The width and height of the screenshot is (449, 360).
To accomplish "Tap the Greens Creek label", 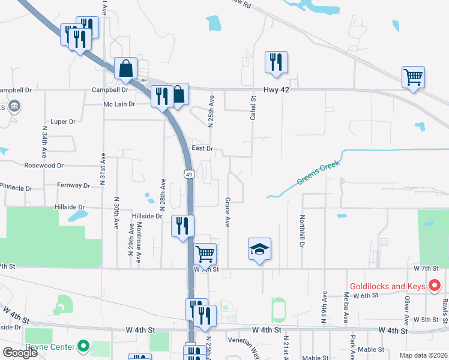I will pos(318,173).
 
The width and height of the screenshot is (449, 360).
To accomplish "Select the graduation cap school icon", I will pos(260,249).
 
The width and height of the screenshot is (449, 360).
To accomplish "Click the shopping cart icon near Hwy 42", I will pos(413,77).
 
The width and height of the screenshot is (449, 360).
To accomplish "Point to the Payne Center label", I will pos(50,346).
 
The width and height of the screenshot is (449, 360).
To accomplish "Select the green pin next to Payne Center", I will pos(83,346).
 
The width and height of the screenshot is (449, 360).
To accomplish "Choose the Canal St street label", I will pos(253,106).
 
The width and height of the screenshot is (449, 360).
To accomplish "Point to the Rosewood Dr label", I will pos(44,165).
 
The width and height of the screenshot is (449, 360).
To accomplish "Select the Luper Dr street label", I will pos(63,121).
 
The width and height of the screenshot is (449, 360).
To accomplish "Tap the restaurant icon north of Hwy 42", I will pos(276,62).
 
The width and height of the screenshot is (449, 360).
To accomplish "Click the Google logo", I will pos(20,353).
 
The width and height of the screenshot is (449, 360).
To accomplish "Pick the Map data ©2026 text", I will pos(423,355).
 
